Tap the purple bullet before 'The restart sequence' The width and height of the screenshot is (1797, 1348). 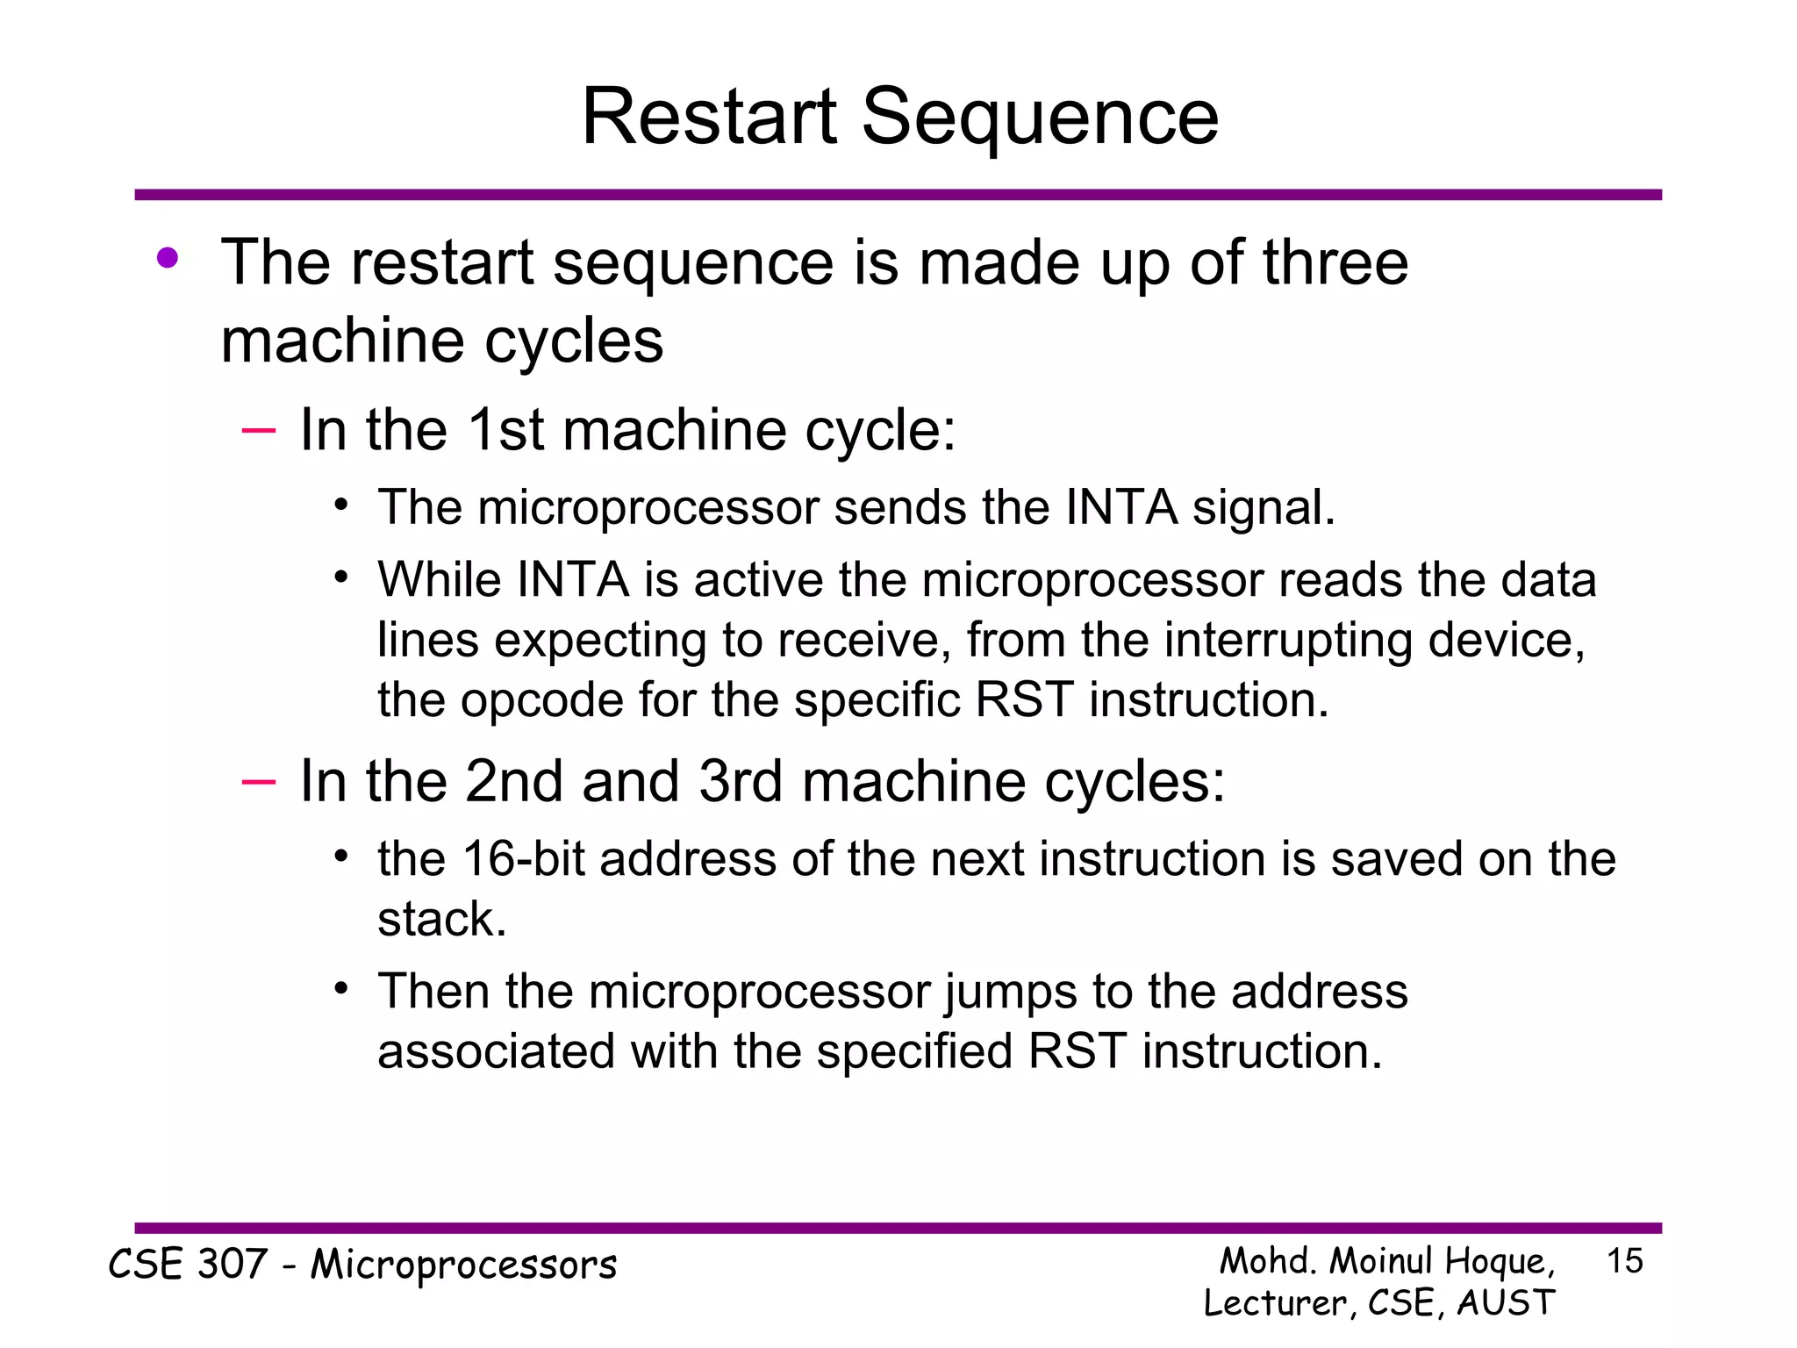(x=168, y=259)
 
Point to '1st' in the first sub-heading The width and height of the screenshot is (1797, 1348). (x=506, y=430)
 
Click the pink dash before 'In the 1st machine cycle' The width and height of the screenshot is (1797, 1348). (x=258, y=430)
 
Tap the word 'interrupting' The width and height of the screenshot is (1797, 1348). (x=1289, y=640)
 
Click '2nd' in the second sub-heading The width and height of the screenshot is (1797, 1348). (x=514, y=781)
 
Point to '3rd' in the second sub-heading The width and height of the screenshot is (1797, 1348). (x=740, y=781)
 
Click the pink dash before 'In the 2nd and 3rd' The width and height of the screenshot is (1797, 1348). (x=258, y=781)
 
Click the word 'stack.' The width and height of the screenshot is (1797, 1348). (x=442, y=920)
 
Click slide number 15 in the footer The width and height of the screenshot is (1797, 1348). (x=1624, y=1261)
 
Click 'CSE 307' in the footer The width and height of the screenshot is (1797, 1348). (x=187, y=1265)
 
